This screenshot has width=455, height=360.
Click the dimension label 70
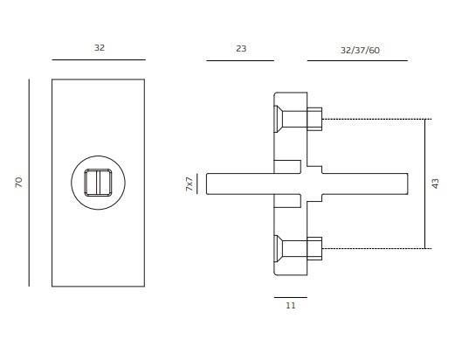[x=18, y=183]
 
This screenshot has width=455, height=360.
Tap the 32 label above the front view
[x=100, y=48]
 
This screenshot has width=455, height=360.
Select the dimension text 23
[x=241, y=49]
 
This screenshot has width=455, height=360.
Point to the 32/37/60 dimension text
[x=360, y=51]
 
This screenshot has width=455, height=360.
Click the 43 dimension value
[x=435, y=183]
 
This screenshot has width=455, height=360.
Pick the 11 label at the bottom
[x=291, y=306]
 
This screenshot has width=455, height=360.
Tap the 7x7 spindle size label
[x=190, y=183]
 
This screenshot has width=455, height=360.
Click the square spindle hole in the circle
[x=98, y=183]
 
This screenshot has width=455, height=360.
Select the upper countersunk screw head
[x=278, y=119]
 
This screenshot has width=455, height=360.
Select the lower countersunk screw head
[x=278, y=248]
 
